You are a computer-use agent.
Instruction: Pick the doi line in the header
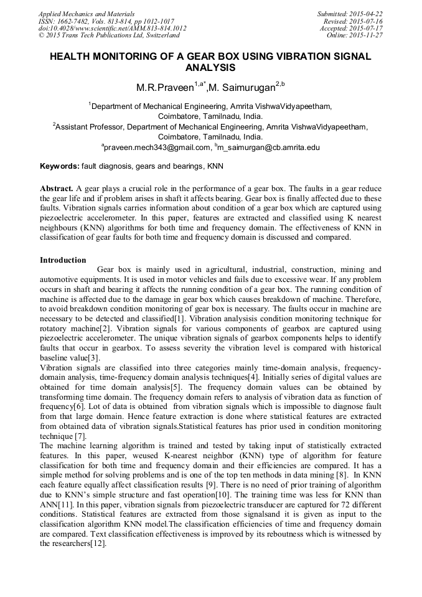click(x=112, y=29)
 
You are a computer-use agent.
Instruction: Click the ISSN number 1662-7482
click(x=74, y=21)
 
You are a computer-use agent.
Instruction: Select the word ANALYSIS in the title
click(x=210, y=67)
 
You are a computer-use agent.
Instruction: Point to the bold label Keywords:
click(x=60, y=167)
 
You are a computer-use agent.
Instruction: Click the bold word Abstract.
click(x=57, y=188)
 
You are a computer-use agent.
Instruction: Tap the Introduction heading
click(x=63, y=260)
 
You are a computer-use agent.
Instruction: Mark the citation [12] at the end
click(x=98, y=543)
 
